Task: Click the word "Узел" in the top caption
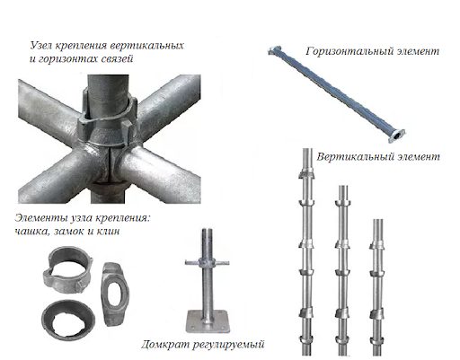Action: point(41,46)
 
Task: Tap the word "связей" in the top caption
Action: point(118,58)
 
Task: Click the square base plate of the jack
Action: point(206,321)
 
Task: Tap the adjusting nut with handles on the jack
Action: point(207,263)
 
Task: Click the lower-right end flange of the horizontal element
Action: point(396,136)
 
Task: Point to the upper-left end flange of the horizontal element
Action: point(275,50)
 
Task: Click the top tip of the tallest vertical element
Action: point(306,149)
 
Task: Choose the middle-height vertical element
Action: point(342,271)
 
